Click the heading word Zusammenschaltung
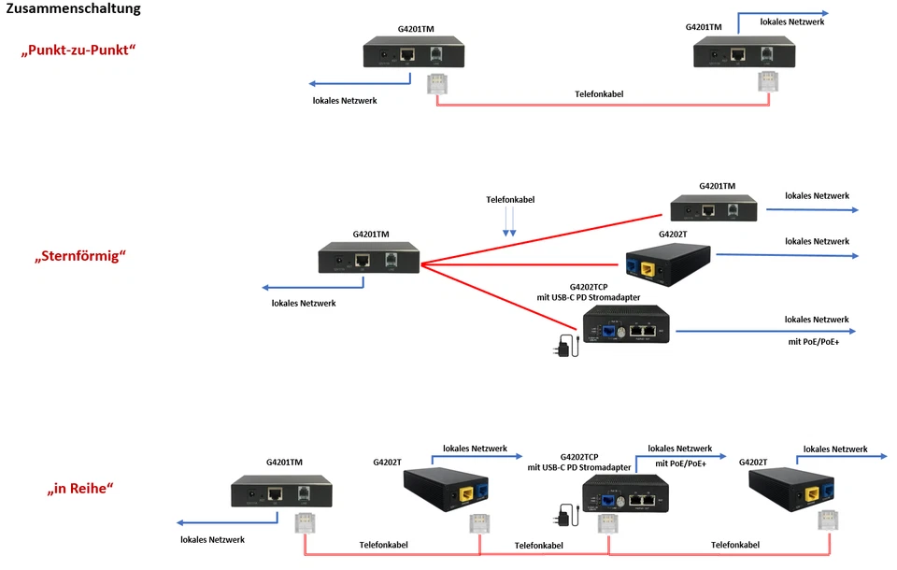74,9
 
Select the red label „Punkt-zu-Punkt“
78,50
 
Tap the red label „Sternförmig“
79,255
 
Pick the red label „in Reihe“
80,488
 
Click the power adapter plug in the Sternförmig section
563,346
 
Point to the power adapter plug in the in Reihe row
563,514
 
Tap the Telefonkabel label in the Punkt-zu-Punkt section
599,94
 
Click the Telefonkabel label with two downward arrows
510,200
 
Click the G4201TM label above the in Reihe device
284,462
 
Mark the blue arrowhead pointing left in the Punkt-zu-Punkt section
314,83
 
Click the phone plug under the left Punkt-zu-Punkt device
436,83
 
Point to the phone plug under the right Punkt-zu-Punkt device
767,83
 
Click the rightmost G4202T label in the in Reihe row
753,462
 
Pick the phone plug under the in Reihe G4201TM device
304,522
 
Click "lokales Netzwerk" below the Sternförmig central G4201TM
304,303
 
